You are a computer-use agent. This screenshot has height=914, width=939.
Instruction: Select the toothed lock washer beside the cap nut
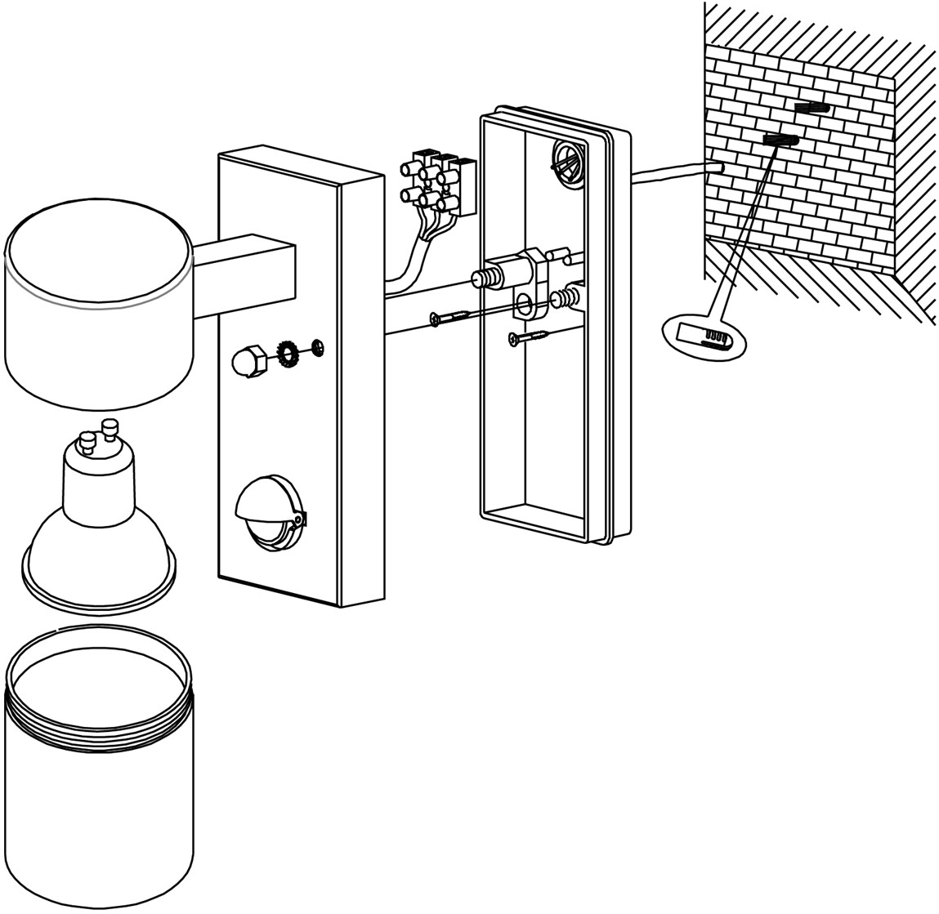pyautogui.click(x=288, y=354)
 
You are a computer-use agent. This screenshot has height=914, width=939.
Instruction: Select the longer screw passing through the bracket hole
pyautogui.click(x=458, y=315)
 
